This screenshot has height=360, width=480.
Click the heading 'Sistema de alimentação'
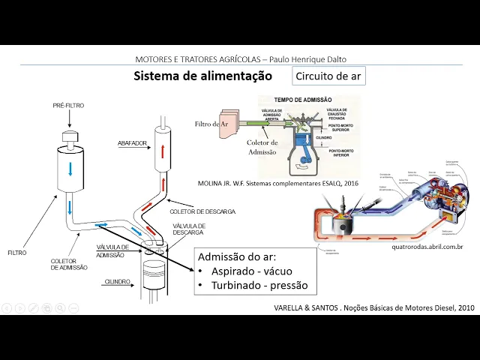pyautogui.click(x=202, y=76)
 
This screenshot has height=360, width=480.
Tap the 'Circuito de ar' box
pyautogui.click(x=329, y=76)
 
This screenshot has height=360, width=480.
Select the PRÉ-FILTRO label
pyautogui.click(x=69, y=106)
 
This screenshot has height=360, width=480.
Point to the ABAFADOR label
pyautogui.click(x=133, y=142)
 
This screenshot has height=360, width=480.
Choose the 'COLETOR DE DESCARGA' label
pyautogui.click(x=202, y=211)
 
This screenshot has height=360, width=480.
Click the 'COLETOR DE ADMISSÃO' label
pyautogui.click(x=69, y=264)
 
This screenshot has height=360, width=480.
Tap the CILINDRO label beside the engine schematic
pyautogui.click(x=118, y=282)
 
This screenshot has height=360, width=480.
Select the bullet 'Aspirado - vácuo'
pyautogui.click(x=251, y=271)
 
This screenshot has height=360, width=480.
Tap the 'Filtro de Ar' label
pyautogui.click(x=211, y=124)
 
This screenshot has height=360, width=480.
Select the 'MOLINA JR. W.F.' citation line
pyautogui.click(x=277, y=182)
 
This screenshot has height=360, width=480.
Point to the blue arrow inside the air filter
pyautogui.click(x=70, y=169)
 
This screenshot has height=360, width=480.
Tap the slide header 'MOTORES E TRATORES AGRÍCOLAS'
pyautogui.click(x=240, y=59)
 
